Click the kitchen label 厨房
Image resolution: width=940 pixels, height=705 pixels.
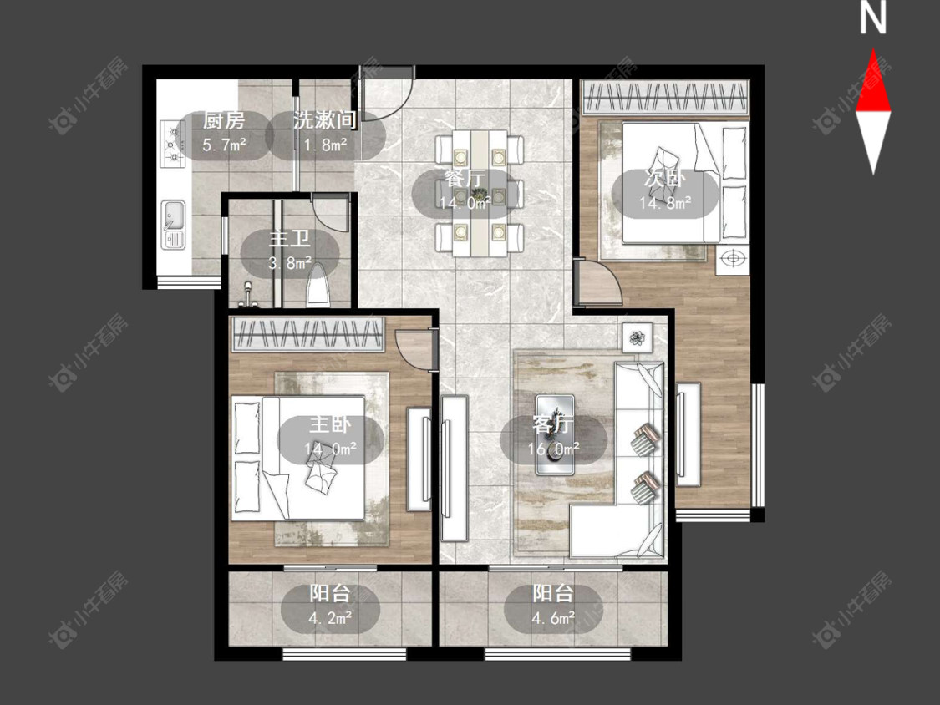(224, 120)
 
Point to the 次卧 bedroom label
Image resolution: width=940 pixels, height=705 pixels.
(665, 178)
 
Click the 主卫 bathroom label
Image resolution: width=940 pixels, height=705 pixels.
(290, 239)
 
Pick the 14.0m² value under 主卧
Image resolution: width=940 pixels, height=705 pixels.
(330, 449)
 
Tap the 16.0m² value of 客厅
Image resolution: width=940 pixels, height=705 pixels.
(553, 449)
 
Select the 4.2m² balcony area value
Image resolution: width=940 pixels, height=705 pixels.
(330, 618)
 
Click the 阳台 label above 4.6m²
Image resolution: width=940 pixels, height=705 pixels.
(553, 594)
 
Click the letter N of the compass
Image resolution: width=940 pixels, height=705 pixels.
(873, 18)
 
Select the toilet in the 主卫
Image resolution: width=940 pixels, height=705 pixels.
(318, 286)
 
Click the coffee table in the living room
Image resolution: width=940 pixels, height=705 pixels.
(555, 434)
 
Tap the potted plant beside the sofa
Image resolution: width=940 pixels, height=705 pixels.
(636, 338)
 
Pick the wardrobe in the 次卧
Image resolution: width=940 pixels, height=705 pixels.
(665, 97)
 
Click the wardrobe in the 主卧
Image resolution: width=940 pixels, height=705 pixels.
(307, 334)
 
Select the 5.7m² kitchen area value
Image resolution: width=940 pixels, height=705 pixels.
(224, 145)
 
